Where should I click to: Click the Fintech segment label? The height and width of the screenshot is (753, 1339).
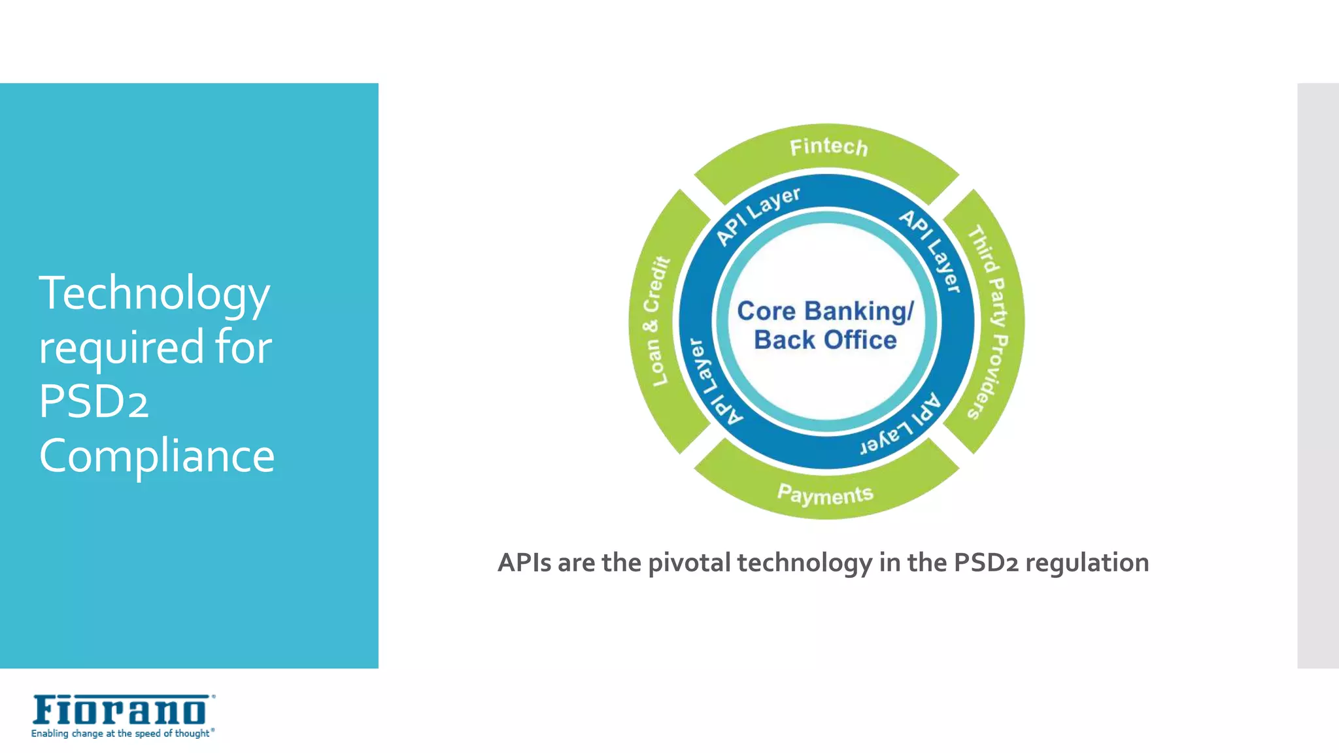coord(828,146)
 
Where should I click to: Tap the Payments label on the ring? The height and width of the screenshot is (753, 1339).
coord(825,495)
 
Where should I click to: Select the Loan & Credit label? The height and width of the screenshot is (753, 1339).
coord(656,321)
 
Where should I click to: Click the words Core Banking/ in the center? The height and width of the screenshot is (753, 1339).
coord(825,311)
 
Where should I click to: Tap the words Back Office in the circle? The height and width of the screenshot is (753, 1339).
coord(825,340)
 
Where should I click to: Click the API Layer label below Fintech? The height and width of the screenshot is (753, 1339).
coord(758,216)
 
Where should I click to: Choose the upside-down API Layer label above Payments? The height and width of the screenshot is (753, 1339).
coord(902,426)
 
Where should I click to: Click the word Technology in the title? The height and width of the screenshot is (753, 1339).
coord(154,293)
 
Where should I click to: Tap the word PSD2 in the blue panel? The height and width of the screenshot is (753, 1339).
coord(93,401)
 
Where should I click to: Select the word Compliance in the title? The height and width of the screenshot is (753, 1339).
coord(157,456)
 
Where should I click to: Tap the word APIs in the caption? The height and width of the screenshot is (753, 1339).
coord(524,562)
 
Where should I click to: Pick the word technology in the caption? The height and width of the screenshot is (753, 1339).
coord(804,563)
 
